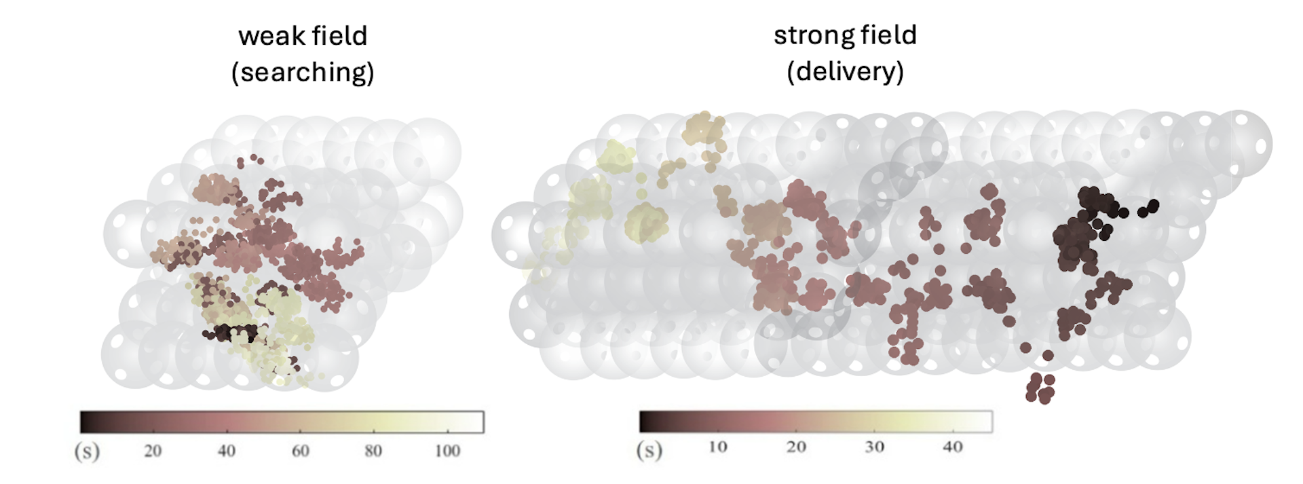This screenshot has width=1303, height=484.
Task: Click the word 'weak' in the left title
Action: pyautogui.click(x=269, y=36)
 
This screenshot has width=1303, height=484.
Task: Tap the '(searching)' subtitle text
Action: pyautogui.click(x=303, y=72)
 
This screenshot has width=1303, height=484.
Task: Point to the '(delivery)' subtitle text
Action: pyautogui.click(x=845, y=71)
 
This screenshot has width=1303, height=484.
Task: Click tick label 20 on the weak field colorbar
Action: pyautogui.click(x=153, y=451)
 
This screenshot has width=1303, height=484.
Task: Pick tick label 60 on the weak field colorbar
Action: pyautogui.click(x=300, y=451)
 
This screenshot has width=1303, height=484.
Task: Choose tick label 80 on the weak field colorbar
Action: pyautogui.click(x=373, y=451)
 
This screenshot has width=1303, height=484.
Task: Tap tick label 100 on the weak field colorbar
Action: pyautogui.click(x=447, y=451)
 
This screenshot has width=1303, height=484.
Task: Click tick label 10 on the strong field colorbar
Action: pyautogui.click(x=717, y=447)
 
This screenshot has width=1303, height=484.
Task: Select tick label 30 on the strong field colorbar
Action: pyautogui.click(x=874, y=447)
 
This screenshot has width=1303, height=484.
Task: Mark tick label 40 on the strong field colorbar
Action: pyautogui.click(x=953, y=447)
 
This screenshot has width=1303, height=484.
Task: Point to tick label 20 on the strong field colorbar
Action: pyautogui.click(x=796, y=447)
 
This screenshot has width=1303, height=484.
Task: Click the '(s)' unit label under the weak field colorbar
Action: pyautogui.click(x=87, y=451)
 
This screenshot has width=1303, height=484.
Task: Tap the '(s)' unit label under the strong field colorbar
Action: pyautogui.click(x=649, y=449)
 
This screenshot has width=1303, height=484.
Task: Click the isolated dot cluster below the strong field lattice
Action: pyautogui.click(x=1040, y=388)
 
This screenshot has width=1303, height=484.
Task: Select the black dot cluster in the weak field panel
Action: pyautogui.click(x=231, y=333)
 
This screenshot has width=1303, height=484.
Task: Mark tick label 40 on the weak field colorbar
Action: pyautogui.click(x=226, y=451)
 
